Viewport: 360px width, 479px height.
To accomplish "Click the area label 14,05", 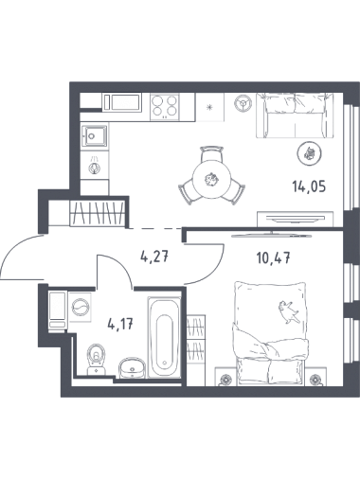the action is tap(309, 187).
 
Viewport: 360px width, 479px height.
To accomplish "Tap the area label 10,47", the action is tap(273, 258).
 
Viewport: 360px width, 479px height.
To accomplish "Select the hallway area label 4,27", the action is tap(155, 257).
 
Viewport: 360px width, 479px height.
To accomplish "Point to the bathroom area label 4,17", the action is tap(121, 324).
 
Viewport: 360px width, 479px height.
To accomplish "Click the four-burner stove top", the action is tap(164, 106).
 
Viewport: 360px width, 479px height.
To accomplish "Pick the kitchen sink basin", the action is tap(94, 135).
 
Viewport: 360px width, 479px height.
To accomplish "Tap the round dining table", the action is tap(211, 180).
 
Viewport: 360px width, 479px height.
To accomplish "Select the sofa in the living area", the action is tap(295, 115).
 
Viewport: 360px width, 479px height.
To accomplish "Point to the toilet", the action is tap(96, 359).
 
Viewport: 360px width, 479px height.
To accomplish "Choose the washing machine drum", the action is tap(80, 307).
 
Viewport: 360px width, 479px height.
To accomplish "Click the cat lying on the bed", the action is tap(288, 312).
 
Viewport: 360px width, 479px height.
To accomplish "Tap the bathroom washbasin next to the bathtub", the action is tap(132, 367).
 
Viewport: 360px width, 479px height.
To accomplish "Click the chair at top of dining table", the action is tap(210, 154).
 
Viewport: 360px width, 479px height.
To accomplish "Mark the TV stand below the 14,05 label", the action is tap(296, 219).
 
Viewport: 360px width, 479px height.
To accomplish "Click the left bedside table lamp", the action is tap(225, 380).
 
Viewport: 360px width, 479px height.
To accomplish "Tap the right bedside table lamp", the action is tap(316, 380).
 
